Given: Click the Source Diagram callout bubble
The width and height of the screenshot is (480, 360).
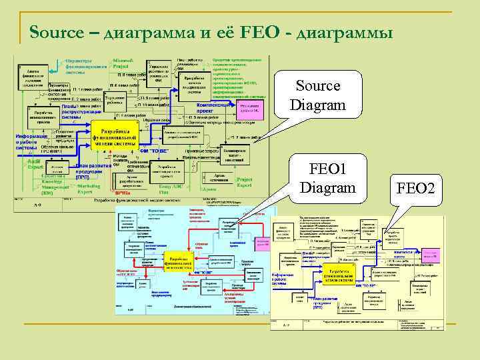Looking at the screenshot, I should [x=317, y=95].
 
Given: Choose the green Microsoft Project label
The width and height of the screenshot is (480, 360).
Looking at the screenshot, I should [x=121, y=64].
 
